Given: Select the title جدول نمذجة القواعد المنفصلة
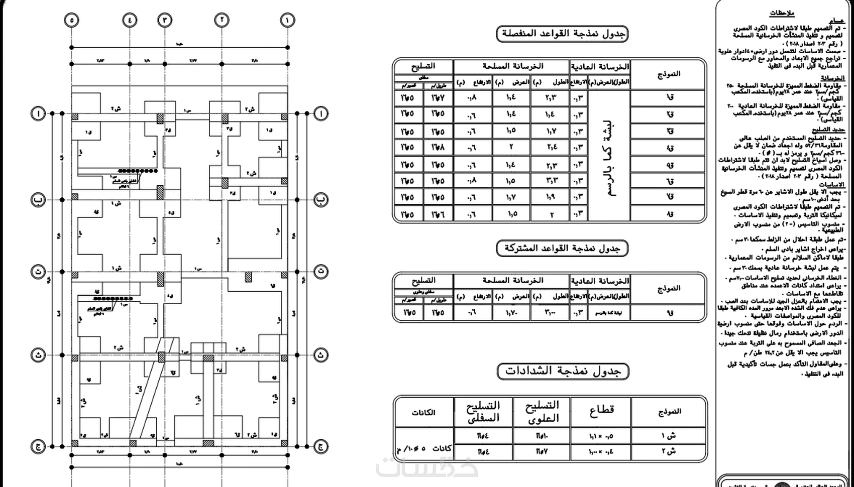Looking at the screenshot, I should (562, 34).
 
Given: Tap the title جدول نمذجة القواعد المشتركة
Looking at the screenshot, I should (562, 248).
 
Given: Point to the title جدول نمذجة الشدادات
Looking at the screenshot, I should (563, 371).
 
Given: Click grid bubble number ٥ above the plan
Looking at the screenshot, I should (71, 20).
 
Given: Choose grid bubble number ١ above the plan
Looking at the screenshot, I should (287, 20).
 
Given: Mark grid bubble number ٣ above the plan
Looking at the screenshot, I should (164, 20).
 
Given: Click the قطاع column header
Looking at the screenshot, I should (601, 411).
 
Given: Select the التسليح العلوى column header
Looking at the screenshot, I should (542, 411).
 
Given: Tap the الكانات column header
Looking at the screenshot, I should (423, 412).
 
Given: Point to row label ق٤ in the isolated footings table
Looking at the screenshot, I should (669, 148).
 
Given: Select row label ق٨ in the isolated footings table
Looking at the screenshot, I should (669, 214).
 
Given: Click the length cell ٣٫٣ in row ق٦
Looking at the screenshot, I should (551, 181).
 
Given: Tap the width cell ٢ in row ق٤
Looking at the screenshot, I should (511, 148).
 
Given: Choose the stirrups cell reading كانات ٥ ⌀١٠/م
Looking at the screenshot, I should (423, 448).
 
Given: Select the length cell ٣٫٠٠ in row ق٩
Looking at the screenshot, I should (551, 312).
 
